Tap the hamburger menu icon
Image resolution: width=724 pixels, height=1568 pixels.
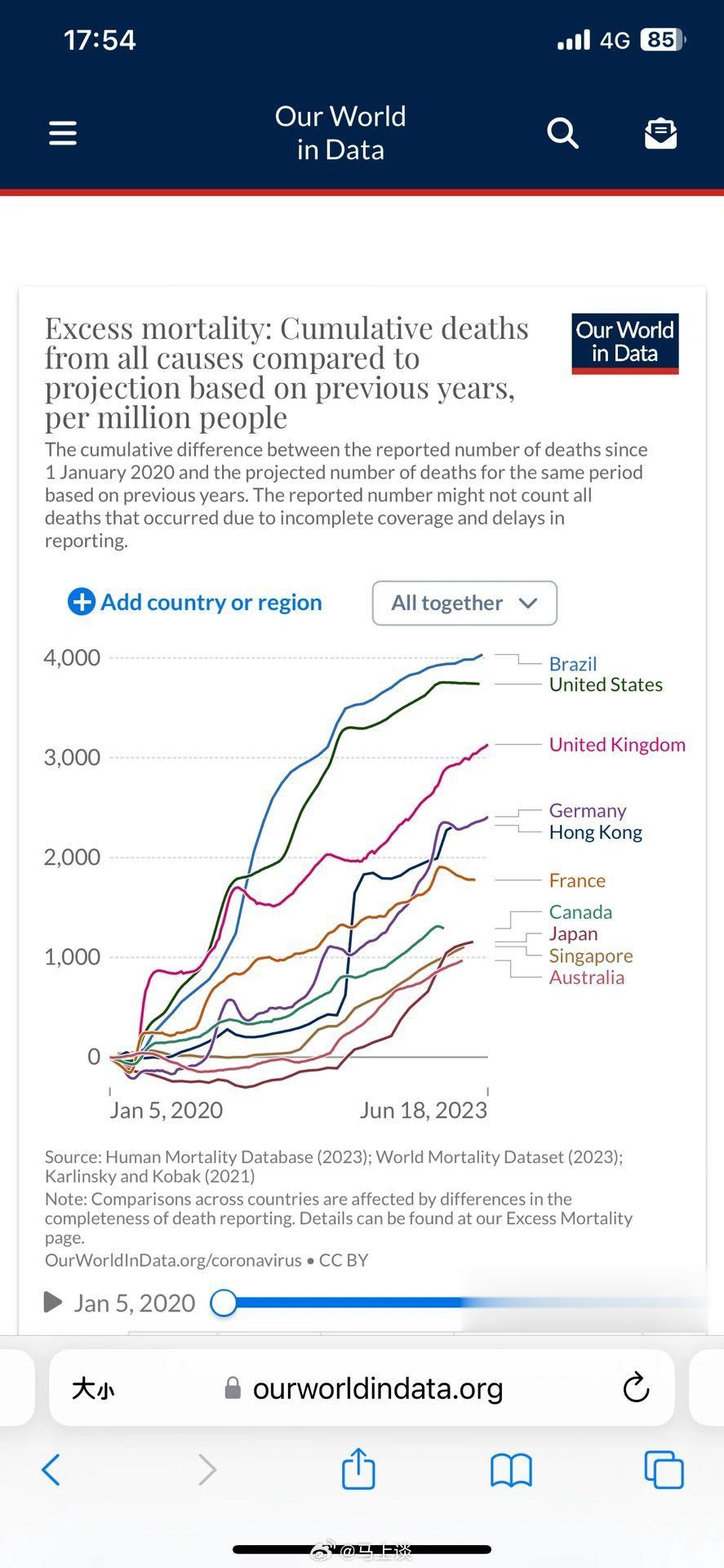coord(63,133)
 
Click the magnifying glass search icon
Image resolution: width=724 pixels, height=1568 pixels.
coord(562,132)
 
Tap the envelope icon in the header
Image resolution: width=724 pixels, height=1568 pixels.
coord(660,133)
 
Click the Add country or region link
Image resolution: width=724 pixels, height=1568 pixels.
coord(196,603)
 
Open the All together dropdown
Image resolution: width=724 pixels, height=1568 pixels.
coord(464,604)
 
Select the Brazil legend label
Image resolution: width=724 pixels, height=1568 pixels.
coord(573,664)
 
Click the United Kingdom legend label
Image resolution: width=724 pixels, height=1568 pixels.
coord(617,745)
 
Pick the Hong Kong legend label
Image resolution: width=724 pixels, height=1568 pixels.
coord(596,832)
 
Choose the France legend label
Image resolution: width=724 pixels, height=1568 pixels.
coord(577,880)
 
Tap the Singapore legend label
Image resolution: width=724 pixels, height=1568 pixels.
coord(591,955)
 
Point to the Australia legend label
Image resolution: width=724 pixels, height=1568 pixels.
coord(587,978)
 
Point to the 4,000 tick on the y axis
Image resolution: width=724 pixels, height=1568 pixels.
coord(72,657)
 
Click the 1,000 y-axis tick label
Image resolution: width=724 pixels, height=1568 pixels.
coord(72,956)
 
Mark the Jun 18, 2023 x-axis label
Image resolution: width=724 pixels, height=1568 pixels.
coord(424,1111)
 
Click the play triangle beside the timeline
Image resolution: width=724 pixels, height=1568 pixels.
coord(53,1302)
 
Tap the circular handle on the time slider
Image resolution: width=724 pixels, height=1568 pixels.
coord(224,1303)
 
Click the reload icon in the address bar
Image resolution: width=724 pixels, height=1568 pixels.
coord(636,1388)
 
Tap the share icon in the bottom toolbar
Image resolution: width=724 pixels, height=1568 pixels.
coord(358,1469)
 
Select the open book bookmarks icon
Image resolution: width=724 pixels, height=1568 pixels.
coord(511,1470)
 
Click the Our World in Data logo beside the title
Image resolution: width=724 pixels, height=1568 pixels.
coord(625,344)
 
